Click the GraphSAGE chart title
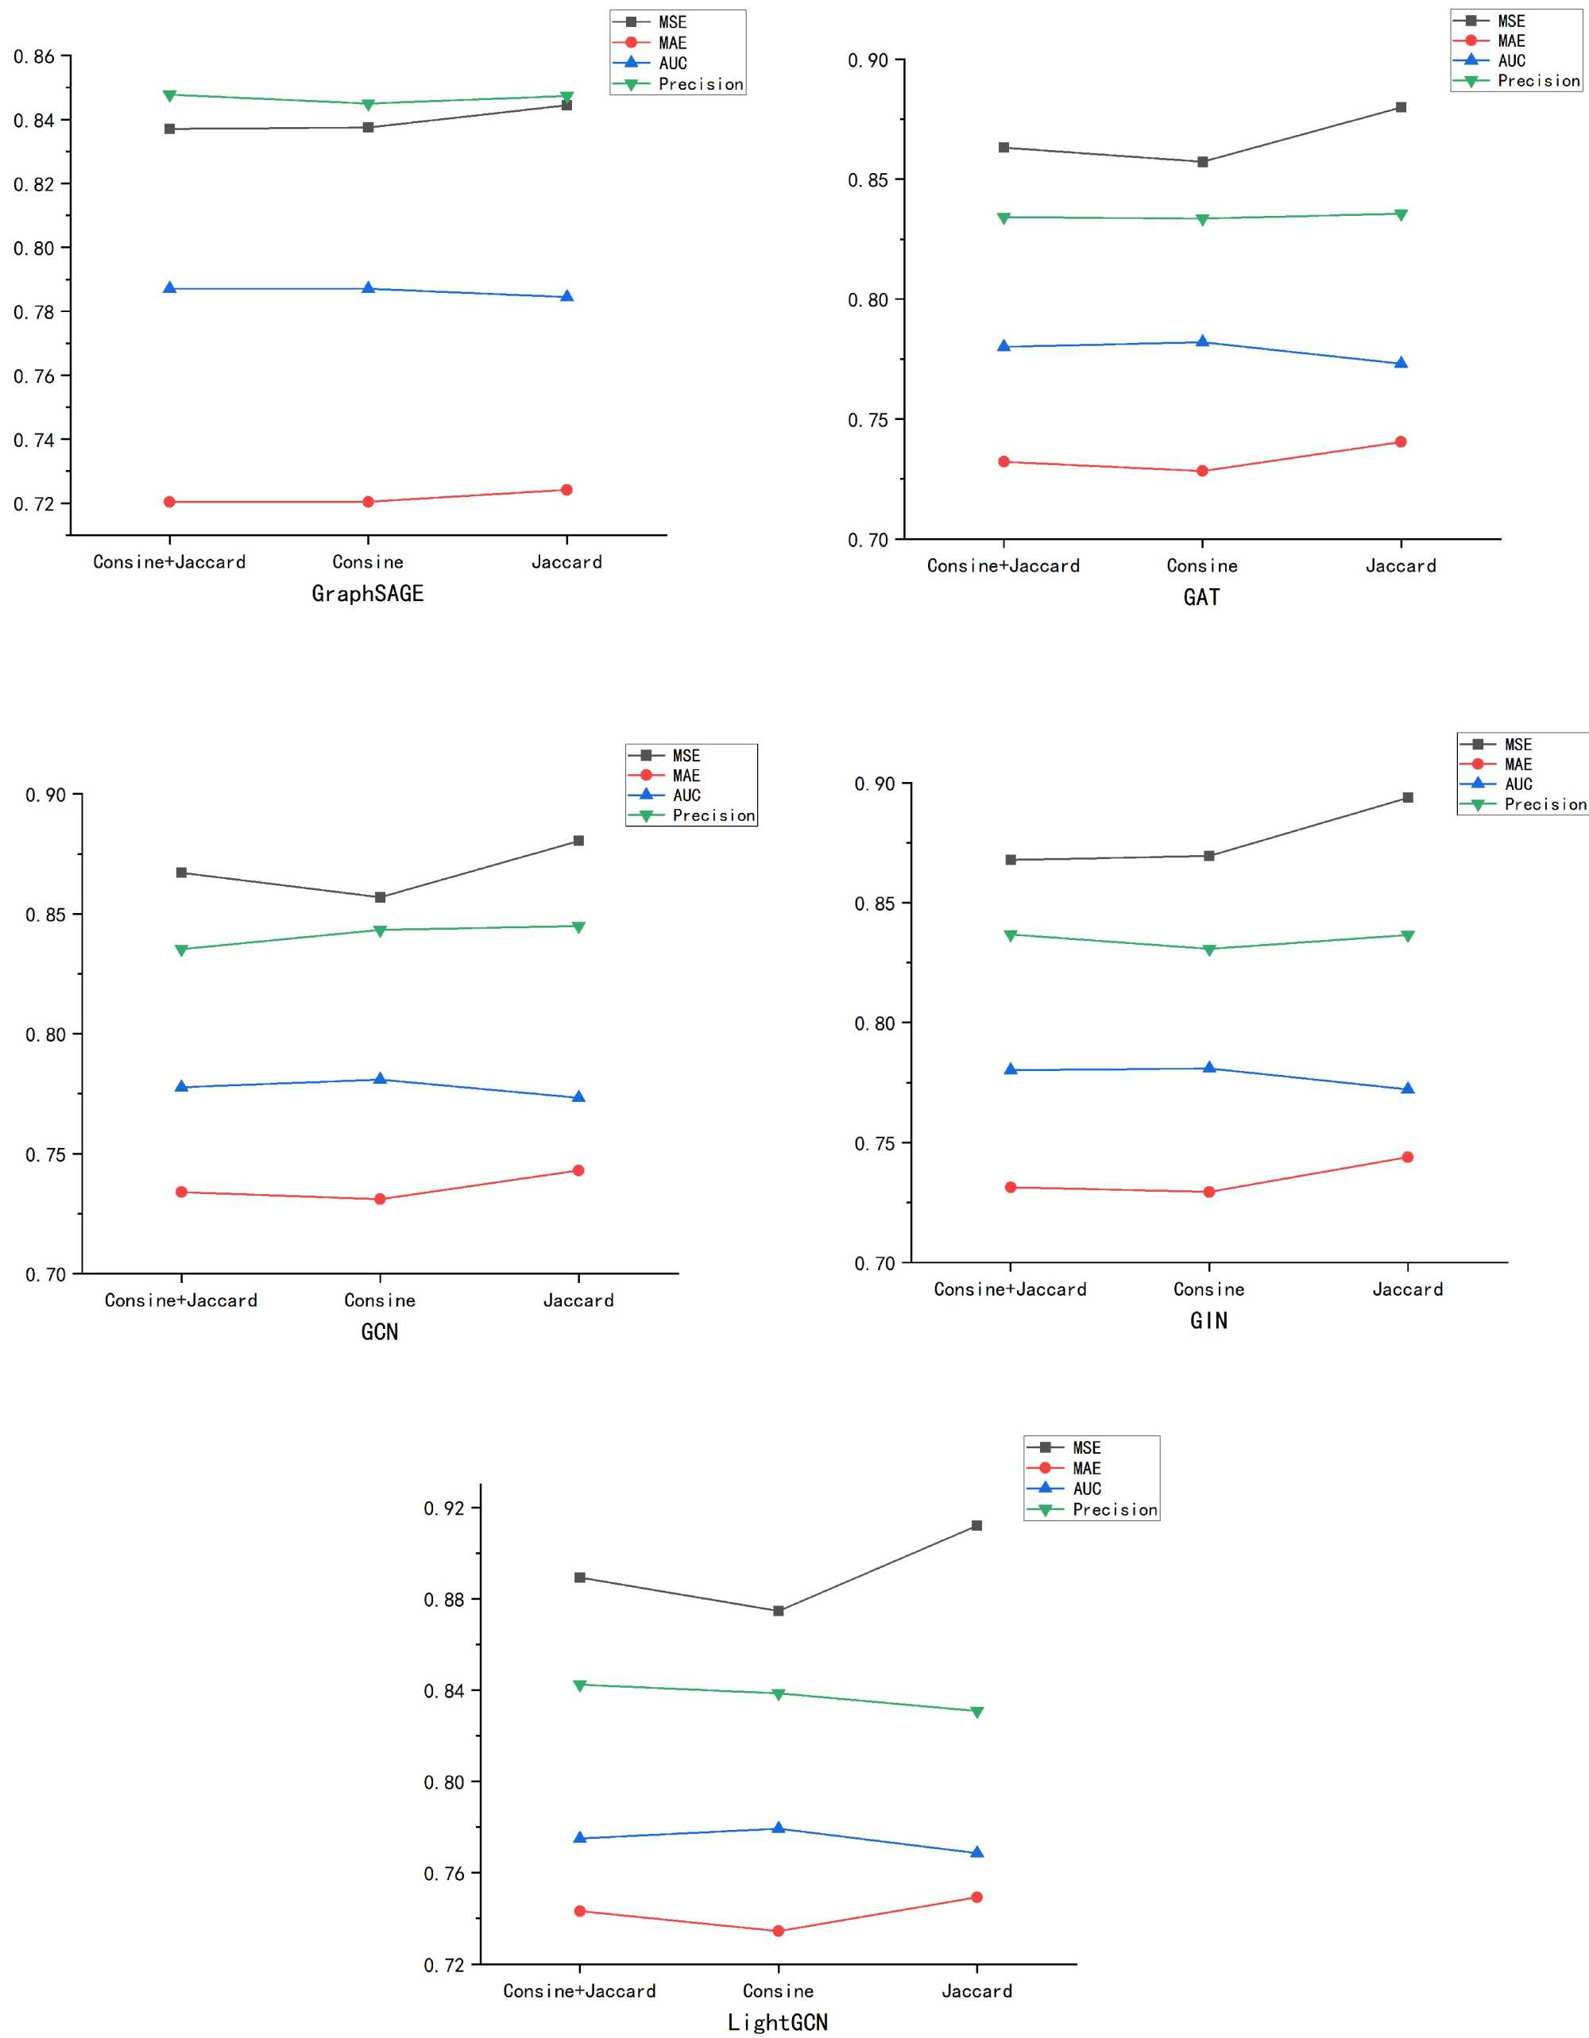point(367,594)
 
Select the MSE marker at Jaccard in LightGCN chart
point(976,1526)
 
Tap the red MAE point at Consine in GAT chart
point(1203,472)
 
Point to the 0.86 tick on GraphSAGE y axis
point(34,57)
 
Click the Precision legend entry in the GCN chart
point(713,815)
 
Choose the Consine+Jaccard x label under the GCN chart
point(181,1300)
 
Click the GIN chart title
point(1209,1320)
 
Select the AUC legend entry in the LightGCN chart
point(1087,1489)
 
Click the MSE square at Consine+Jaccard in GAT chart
point(1003,148)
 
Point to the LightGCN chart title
point(778,2022)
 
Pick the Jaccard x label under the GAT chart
point(1401,565)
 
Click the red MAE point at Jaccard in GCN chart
point(579,1170)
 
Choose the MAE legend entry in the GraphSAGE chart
point(672,43)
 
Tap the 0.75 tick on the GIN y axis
point(875,1144)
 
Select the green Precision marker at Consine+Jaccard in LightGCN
point(580,1685)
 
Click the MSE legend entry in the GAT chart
point(1510,21)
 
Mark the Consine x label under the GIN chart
point(1209,1289)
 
